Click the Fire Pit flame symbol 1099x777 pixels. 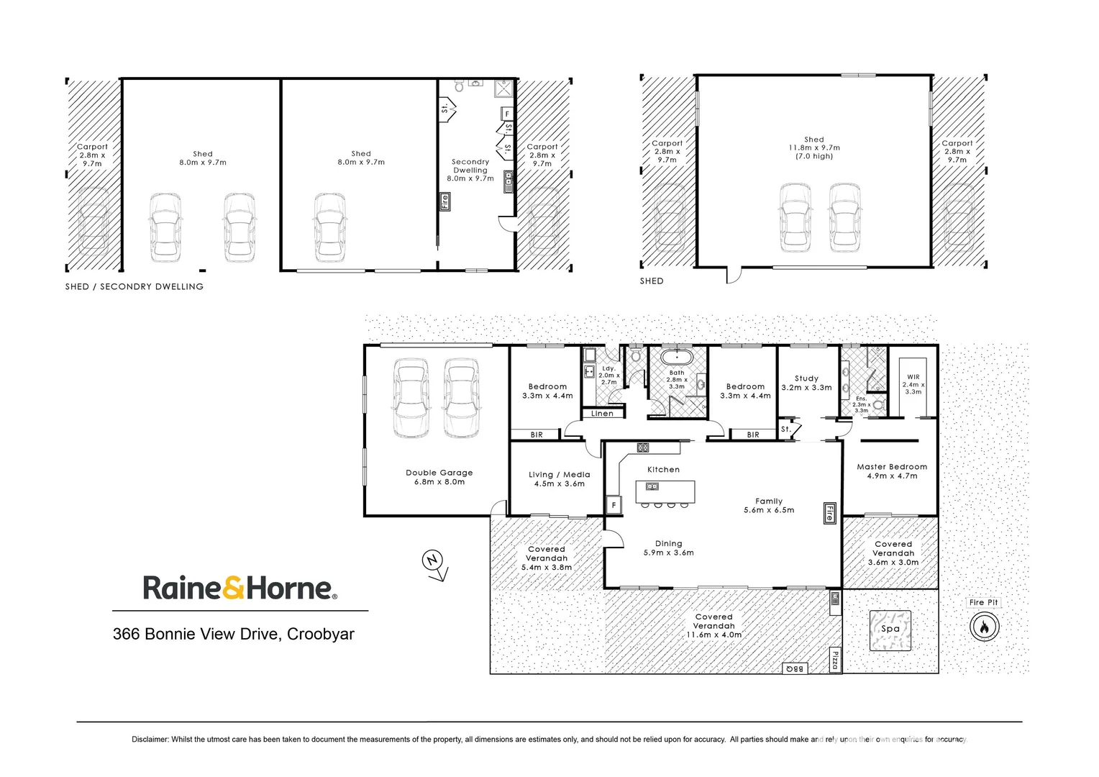click(x=983, y=627)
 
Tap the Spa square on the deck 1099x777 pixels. click(x=890, y=630)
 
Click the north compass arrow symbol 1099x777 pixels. click(x=434, y=563)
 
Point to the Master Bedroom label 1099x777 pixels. click(x=892, y=467)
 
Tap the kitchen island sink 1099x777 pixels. click(x=652, y=486)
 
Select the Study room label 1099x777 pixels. click(x=806, y=378)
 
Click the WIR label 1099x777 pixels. click(x=913, y=377)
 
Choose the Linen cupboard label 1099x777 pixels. click(x=602, y=414)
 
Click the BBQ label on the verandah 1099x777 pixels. click(x=795, y=668)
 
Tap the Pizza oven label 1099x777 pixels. click(x=835, y=660)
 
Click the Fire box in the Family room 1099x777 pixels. click(x=829, y=512)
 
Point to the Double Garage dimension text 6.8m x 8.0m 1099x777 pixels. click(x=439, y=482)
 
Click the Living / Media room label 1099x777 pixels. click(x=559, y=475)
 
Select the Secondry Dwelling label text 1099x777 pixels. click(x=470, y=166)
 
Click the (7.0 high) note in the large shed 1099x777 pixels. click(x=814, y=156)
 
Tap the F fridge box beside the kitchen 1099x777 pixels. click(x=614, y=505)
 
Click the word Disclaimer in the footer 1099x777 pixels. click(x=150, y=740)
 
